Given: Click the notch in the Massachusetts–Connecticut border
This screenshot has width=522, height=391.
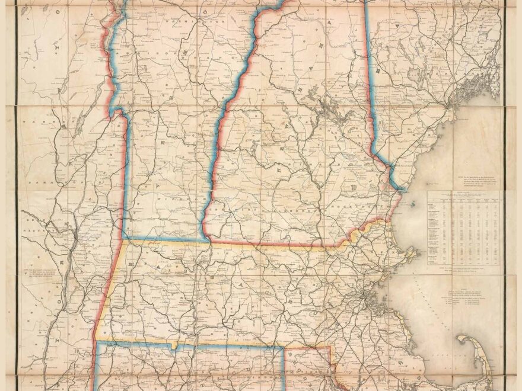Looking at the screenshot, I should coord(173,345).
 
